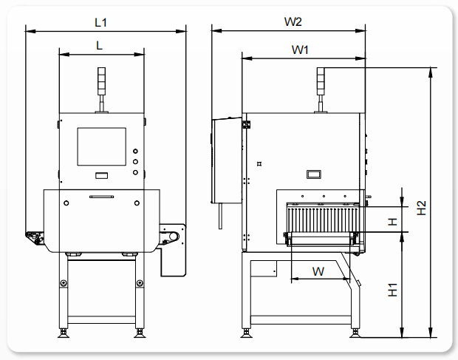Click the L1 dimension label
click(100, 22)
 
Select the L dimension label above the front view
click(100, 46)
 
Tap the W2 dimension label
click(293, 21)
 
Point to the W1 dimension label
click(300, 50)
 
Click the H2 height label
click(421, 208)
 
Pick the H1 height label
click(393, 290)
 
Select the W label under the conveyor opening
click(318, 271)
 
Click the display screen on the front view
click(102, 146)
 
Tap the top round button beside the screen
click(135, 151)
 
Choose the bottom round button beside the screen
click(135, 172)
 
